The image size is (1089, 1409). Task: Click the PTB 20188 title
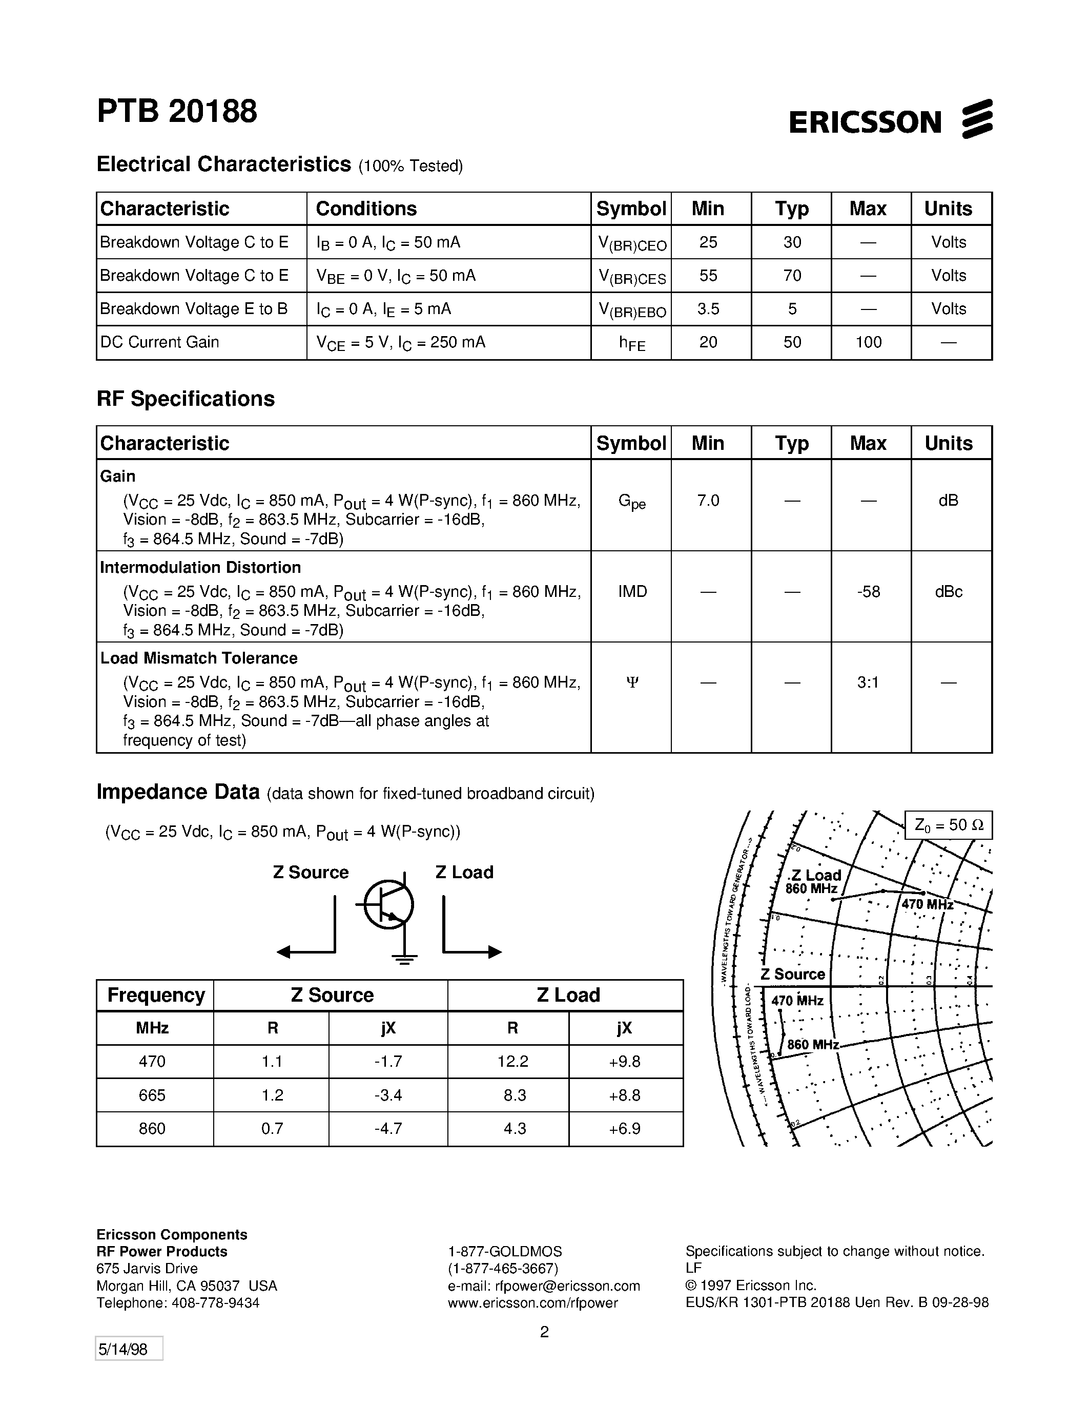(x=177, y=112)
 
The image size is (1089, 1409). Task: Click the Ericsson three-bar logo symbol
(x=977, y=119)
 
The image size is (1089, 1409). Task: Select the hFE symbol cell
(x=631, y=343)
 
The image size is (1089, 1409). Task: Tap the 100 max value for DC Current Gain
(x=868, y=342)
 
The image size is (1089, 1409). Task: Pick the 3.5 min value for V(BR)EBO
(x=708, y=309)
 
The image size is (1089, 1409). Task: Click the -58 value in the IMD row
(x=868, y=592)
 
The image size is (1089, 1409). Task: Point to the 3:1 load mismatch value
(x=868, y=682)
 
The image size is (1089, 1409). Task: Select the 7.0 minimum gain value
(x=708, y=501)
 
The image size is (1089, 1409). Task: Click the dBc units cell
(x=949, y=592)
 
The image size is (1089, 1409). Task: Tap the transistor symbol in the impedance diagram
(x=388, y=905)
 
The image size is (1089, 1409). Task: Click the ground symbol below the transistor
(x=404, y=959)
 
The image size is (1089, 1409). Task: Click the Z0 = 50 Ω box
(x=948, y=825)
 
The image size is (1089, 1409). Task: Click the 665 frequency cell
(x=152, y=1095)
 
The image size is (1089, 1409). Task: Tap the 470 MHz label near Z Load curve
(x=927, y=904)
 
